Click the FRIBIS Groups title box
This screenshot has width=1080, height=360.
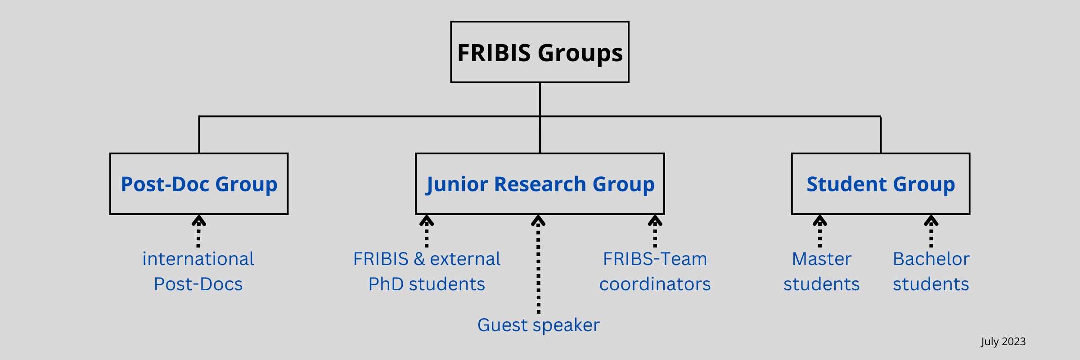tap(540, 52)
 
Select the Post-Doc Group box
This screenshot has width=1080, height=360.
tap(199, 184)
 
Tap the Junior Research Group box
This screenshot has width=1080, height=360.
tap(540, 184)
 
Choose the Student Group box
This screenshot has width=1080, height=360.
tap(881, 184)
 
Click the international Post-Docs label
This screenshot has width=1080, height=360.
tap(198, 271)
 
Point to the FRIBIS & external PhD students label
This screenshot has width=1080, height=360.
tap(427, 271)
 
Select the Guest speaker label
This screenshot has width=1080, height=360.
tap(539, 325)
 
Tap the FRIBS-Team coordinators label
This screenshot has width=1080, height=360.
tap(655, 271)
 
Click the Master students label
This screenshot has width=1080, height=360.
tap(822, 271)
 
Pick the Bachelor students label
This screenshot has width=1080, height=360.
tap(931, 271)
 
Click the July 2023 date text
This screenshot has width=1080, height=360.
tap(1003, 342)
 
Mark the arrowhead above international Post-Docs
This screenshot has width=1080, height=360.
tap(198, 220)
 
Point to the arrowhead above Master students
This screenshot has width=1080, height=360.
tap(820, 220)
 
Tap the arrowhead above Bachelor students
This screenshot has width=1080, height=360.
tap(931, 220)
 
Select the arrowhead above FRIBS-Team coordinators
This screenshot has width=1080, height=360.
tap(655, 220)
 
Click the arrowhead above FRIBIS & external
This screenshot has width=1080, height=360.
tap(427, 220)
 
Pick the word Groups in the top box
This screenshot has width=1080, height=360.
tap(580, 53)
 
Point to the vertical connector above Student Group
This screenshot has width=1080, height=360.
tap(881, 135)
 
